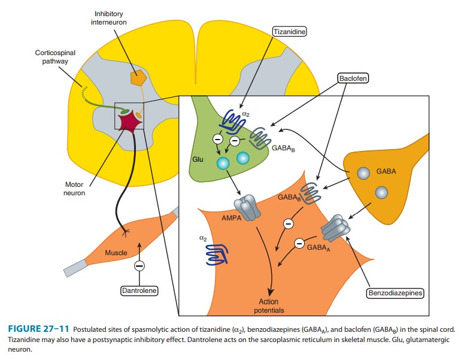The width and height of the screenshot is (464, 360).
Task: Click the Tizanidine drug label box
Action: coord(289,32)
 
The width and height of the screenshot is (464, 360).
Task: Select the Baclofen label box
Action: coord(353,78)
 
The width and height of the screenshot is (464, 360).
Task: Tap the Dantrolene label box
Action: coord(139,291)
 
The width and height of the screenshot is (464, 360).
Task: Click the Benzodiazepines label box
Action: coord(395,293)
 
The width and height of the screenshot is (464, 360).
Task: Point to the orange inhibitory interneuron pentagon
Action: coord(138,78)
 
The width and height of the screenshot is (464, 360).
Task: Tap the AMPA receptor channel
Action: coord(247,208)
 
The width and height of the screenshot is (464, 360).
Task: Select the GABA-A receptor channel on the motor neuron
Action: coord(335,228)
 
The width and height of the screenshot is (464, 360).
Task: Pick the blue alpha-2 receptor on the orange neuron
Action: coord(217,255)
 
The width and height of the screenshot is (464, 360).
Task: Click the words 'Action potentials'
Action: coord(269,306)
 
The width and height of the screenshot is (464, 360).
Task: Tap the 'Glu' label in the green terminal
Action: coord(198,159)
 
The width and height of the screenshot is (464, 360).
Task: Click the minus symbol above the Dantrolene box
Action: coord(139,265)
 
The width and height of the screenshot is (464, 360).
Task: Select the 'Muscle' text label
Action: coord(116,253)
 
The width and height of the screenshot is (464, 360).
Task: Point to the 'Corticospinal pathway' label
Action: coord(55,57)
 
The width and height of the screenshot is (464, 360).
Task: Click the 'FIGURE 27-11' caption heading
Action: coord(39,329)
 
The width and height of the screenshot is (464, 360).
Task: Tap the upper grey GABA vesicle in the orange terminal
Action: coord(363,173)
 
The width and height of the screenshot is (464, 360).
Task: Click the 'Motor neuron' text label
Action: coord(74,189)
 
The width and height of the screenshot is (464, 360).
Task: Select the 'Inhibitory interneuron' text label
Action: coord(108,18)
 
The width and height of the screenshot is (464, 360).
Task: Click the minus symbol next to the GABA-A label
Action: coord(299,243)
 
